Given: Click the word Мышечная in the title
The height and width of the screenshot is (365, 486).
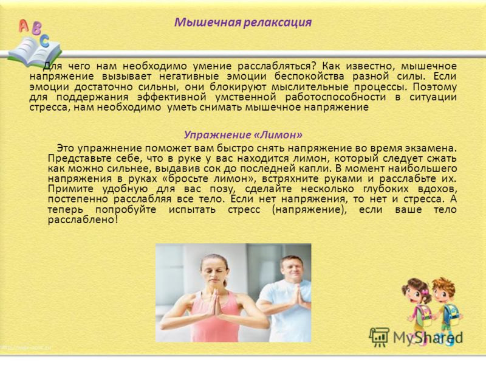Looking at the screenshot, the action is click(x=207, y=23).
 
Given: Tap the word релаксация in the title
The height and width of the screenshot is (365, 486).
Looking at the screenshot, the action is click(x=278, y=23).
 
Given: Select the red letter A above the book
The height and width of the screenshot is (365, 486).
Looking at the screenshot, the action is click(x=23, y=26).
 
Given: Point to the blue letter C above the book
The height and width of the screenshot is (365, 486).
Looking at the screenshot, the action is click(x=44, y=40).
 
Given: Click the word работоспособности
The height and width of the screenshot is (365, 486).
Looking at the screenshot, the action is click(x=335, y=97).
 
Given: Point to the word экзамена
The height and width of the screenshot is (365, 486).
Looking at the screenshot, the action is click(x=433, y=148).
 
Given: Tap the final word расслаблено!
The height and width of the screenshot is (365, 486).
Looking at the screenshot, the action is click(x=83, y=220).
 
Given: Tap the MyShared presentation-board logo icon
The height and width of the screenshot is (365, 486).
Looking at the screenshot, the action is click(x=379, y=338).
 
